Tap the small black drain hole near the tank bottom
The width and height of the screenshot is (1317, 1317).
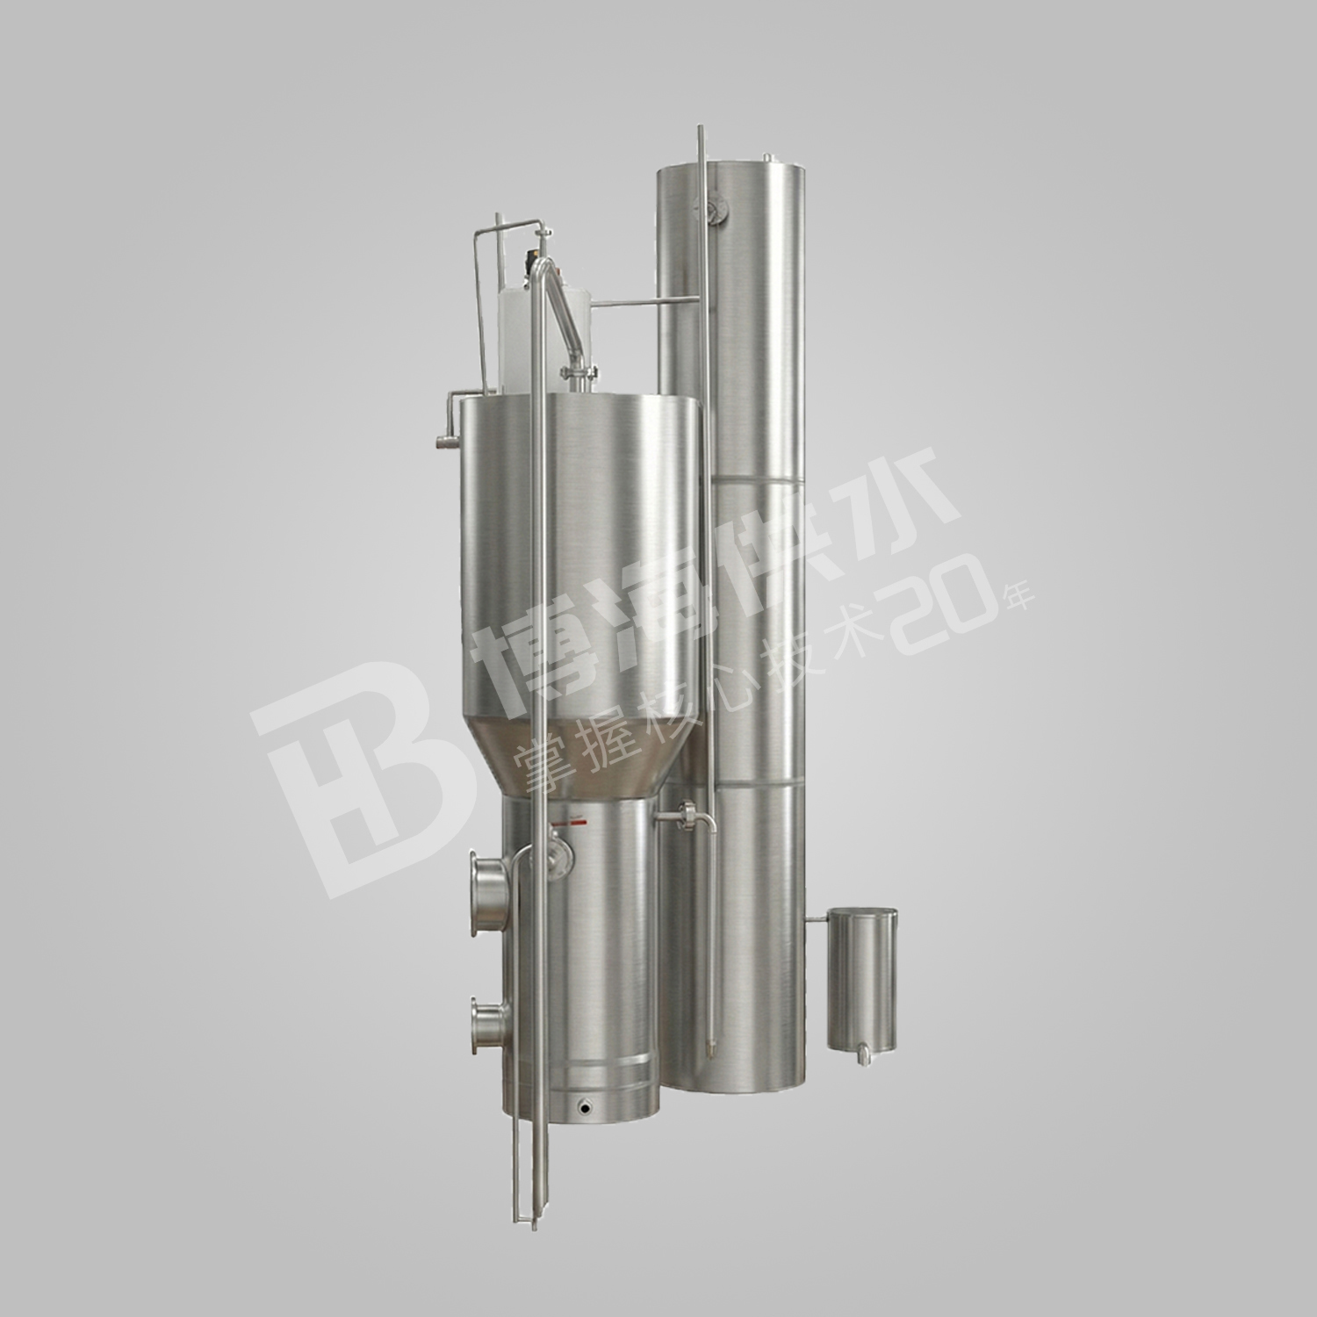(x=582, y=1109)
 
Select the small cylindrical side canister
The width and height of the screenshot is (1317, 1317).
(x=863, y=978)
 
